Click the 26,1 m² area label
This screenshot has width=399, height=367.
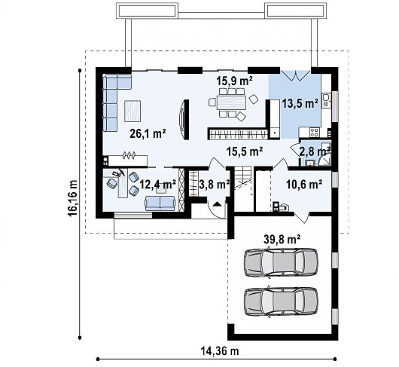click(x=148, y=133)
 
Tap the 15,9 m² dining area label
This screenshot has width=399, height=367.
click(x=234, y=81)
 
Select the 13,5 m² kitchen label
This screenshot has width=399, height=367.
click(x=300, y=103)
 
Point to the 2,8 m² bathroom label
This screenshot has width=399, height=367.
click(x=315, y=151)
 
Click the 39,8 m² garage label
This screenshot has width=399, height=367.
click(x=282, y=240)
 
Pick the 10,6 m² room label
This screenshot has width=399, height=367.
click(x=304, y=184)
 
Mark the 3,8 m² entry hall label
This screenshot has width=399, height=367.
click(x=215, y=185)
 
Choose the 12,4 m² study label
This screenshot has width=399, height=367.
click(x=158, y=184)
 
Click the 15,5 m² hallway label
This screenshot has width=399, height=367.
click(x=245, y=151)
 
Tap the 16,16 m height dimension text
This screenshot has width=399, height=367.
click(x=72, y=198)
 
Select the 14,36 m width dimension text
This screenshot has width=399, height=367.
click(x=220, y=351)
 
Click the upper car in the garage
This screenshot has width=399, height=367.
click(x=281, y=262)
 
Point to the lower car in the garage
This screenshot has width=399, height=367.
click(x=281, y=302)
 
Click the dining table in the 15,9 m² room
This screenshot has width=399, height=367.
click(x=231, y=102)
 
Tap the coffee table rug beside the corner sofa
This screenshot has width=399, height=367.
click(x=132, y=111)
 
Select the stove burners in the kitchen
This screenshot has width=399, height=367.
click(x=314, y=132)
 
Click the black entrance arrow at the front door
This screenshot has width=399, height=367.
click(x=217, y=203)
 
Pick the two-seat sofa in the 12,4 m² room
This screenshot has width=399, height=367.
click(x=160, y=203)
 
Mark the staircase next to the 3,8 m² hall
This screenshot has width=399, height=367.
click(x=243, y=177)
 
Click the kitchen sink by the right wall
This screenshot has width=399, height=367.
click(x=326, y=100)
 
